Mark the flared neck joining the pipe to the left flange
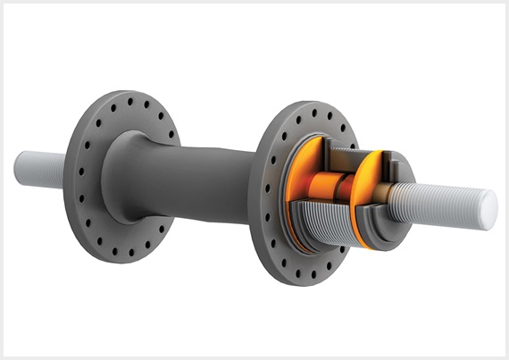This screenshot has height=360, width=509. tap(125, 179)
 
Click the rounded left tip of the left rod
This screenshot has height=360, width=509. tap(18, 164)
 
